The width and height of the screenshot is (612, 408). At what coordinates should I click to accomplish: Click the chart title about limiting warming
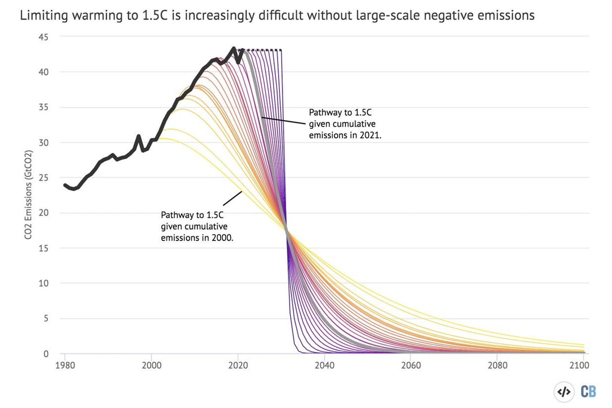(x=277, y=15)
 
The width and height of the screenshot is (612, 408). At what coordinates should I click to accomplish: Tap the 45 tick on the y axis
(x=43, y=37)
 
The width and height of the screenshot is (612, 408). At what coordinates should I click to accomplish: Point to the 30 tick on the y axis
(x=43, y=143)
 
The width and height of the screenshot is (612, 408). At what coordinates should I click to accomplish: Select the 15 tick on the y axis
(x=43, y=248)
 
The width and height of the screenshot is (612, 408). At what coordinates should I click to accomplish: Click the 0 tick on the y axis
(x=46, y=354)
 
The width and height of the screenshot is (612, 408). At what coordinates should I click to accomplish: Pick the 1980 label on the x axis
(x=65, y=365)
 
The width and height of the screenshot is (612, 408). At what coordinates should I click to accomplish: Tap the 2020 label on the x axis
(x=238, y=365)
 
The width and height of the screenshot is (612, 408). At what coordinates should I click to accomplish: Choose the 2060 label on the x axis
(x=411, y=365)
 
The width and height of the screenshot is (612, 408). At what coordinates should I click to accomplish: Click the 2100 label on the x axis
(x=579, y=365)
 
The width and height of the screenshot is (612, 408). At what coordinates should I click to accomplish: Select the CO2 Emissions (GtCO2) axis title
(x=28, y=194)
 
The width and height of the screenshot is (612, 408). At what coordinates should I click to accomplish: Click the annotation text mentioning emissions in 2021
(x=345, y=124)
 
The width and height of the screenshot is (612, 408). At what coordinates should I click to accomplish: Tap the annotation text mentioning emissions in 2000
(x=197, y=226)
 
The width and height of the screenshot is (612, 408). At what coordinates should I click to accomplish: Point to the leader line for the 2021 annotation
(x=283, y=120)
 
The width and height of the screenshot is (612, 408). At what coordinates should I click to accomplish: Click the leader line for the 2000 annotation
(x=233, y=198)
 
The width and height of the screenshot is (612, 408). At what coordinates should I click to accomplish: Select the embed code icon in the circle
(x=564, y=392)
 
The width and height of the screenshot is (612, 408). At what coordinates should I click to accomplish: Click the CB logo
(x=588, y=392)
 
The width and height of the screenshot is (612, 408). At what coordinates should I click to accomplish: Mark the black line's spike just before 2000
(x=138, y=136)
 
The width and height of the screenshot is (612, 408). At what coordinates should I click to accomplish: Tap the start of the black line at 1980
(x=65, y=185)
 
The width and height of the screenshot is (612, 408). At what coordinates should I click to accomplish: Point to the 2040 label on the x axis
(x=324, y=365)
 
